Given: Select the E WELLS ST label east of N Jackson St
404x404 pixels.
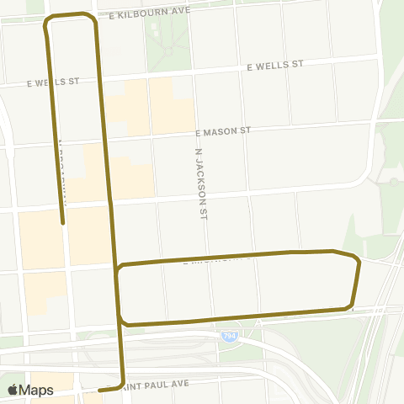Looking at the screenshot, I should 273,65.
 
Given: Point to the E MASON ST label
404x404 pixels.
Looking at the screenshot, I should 222,132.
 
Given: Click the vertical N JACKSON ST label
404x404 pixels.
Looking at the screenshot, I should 199,185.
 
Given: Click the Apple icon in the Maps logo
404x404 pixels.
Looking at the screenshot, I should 13,390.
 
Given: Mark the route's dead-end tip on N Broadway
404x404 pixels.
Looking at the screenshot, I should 63,223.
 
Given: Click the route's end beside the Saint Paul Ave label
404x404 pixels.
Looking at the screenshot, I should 99,391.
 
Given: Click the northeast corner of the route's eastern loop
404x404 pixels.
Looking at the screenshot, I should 357,259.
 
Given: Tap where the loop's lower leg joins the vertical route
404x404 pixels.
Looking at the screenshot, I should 122,321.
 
